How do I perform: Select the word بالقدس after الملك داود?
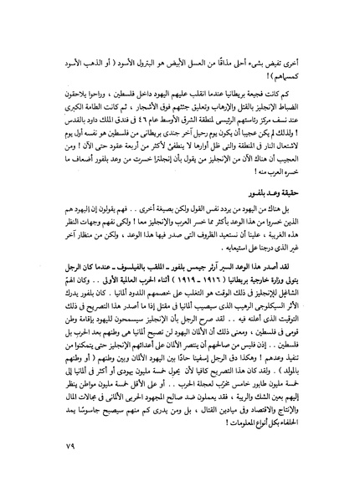(x=54, y=162)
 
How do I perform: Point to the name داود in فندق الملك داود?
(x=77, y=162)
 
